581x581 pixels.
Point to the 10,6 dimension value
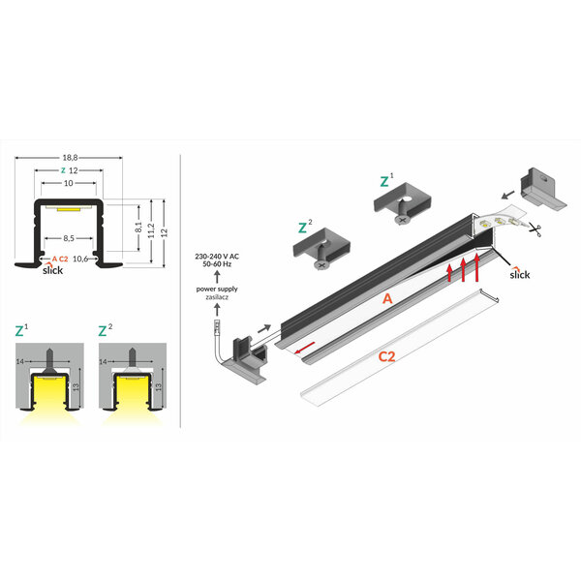point(81,260)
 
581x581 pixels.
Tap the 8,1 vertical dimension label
point(138,229)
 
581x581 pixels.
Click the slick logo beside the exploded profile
point(521,273)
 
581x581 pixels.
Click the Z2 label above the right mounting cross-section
point(104,330)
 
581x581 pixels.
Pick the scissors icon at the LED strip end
point(536,229)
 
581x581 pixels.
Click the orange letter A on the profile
point(387,300)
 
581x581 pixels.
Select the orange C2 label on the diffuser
point(386,356)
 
